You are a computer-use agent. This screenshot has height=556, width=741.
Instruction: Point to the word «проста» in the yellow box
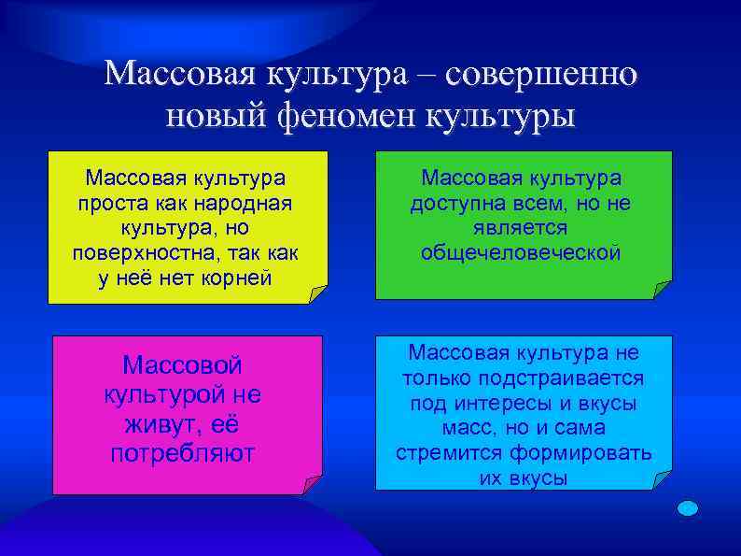click(106, 204)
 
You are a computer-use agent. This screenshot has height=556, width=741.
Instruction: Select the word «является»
click(521, 229)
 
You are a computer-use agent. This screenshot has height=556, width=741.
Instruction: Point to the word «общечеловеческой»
click(521, 254)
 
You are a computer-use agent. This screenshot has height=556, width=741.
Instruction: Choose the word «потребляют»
click(183, 455)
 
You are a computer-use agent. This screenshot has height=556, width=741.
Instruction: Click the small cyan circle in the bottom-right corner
click(688, 508)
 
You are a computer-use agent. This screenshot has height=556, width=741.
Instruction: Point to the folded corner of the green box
click(663, 290)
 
